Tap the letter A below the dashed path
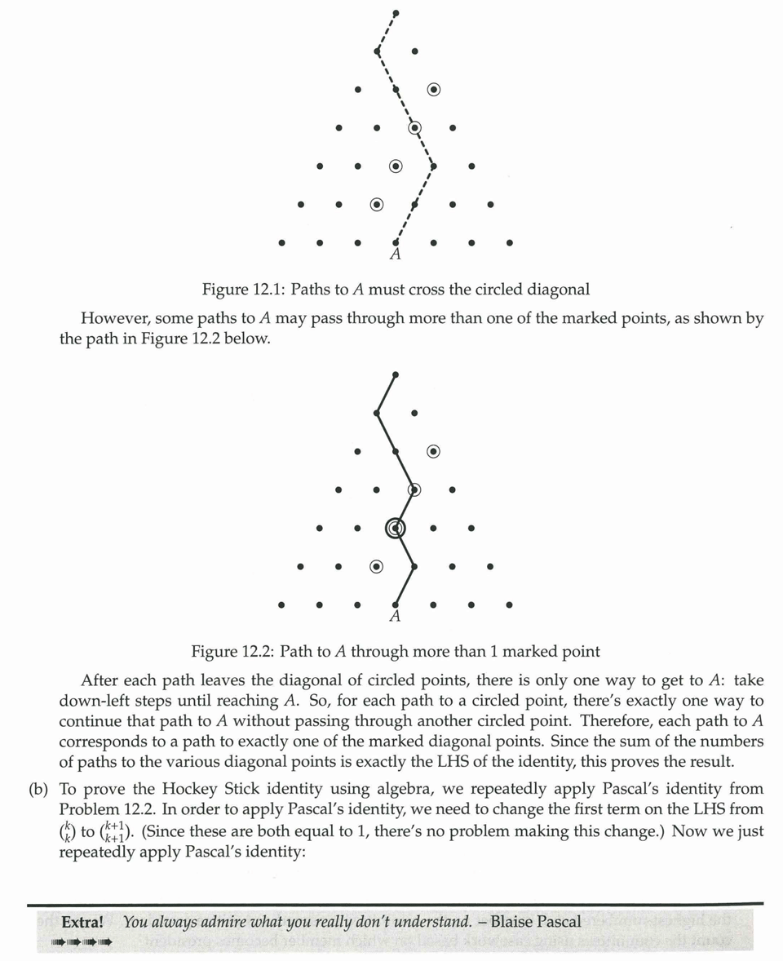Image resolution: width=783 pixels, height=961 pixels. pos(396,255)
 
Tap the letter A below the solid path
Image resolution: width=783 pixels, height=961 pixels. pos(395,617)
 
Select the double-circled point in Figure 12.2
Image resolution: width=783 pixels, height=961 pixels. pos(396,529)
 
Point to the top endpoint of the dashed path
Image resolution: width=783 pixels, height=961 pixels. pos(396,13)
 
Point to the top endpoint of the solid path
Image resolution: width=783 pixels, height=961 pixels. pos(396,375)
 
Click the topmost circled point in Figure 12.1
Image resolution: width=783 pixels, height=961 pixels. pos(434,89)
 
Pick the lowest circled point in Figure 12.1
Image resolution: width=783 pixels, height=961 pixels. pos(377,204)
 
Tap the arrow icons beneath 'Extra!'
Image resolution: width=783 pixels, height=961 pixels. pos(82,942)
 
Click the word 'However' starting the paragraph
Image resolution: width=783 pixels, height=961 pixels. pos(112,318)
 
